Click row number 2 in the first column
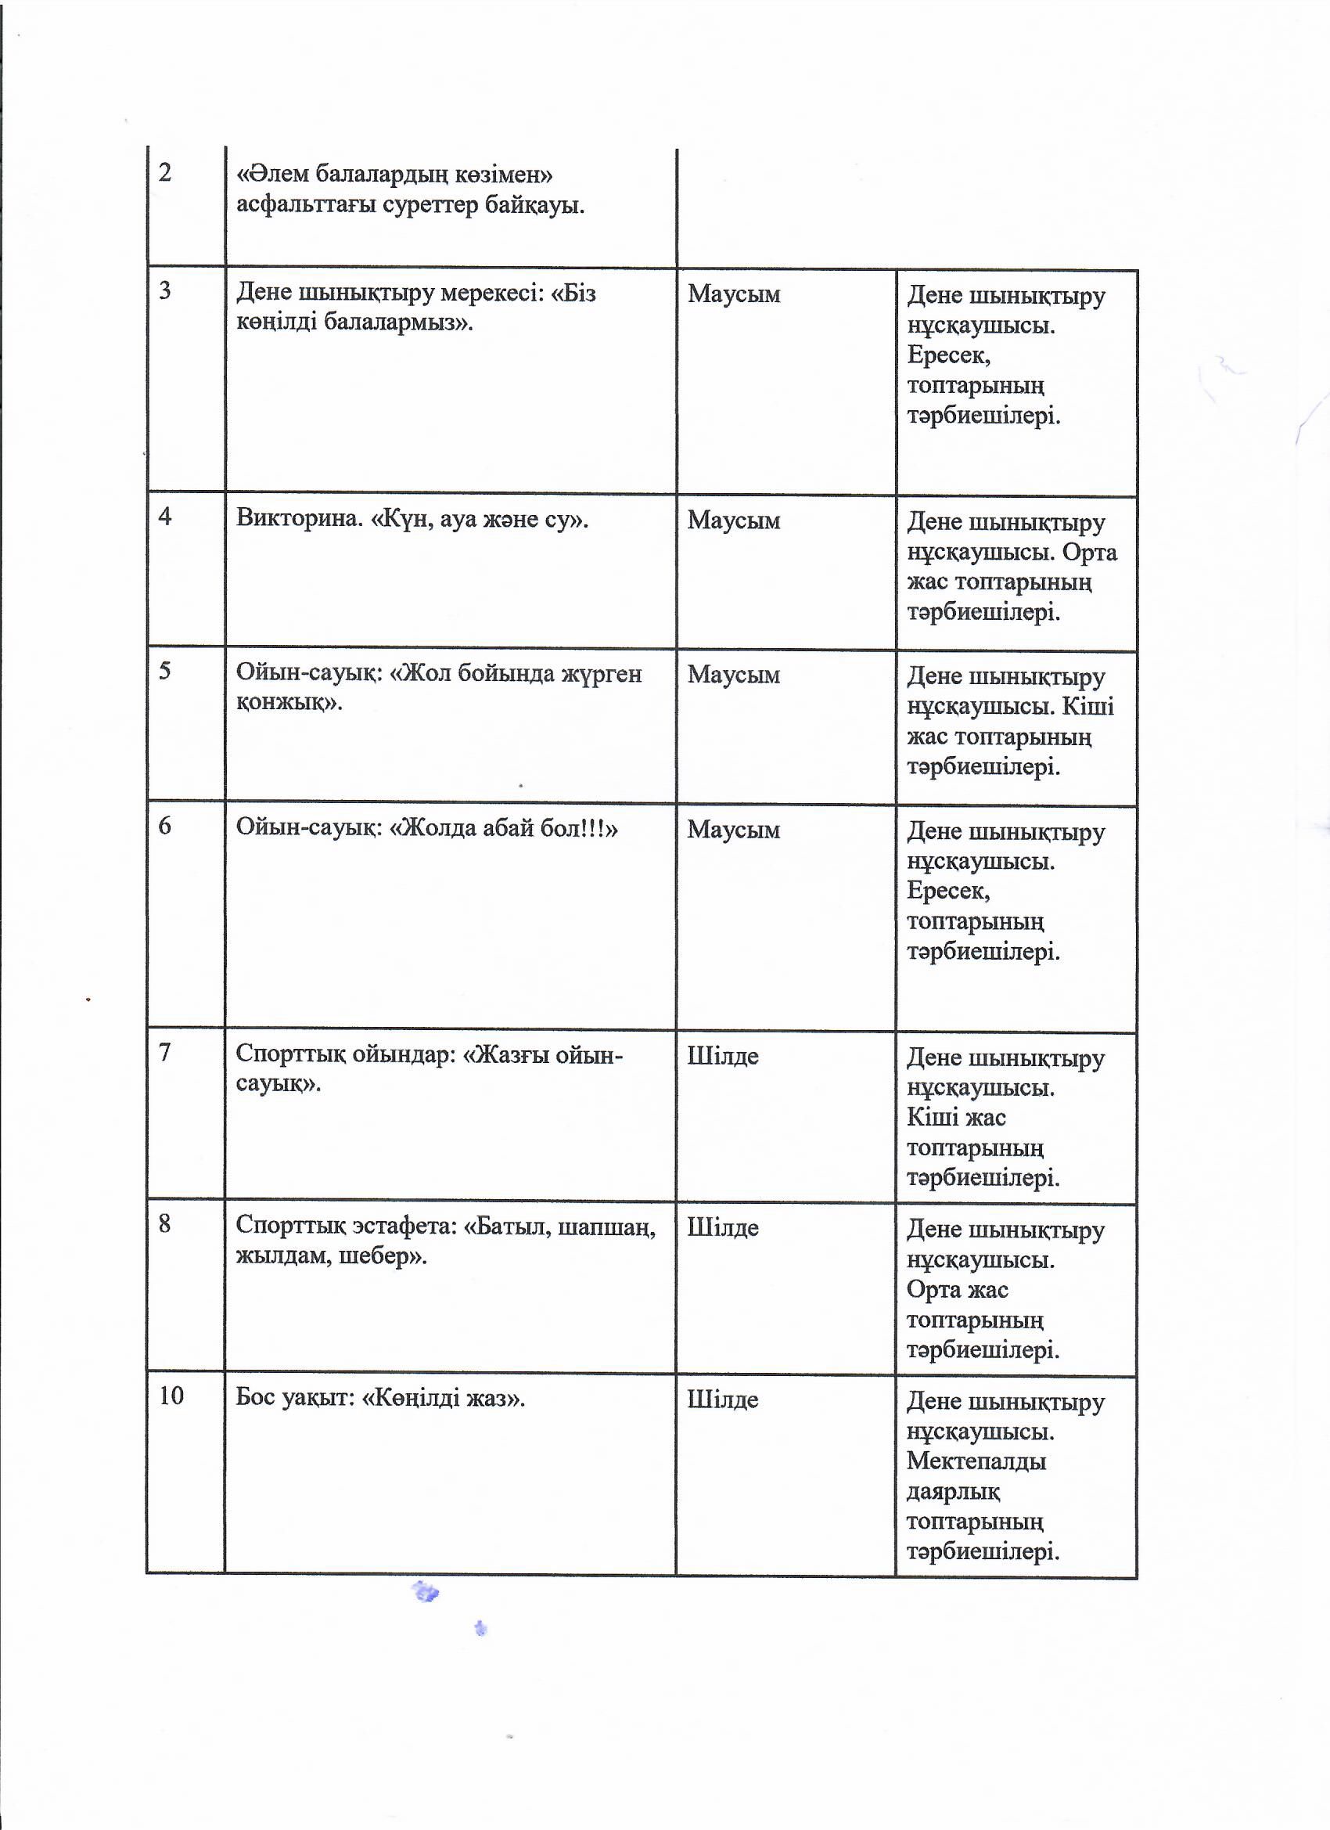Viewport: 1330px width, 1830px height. coord(165,173)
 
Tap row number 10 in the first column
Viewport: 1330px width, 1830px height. coord(171,1395)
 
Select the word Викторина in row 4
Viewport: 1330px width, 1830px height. coord(298,517)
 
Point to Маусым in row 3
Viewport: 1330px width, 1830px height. coord(733,294)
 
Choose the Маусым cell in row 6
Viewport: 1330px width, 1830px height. coord(733,830)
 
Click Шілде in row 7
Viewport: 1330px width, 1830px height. coord(723,1056)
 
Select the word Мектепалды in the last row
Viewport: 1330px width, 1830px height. coord(976,1461)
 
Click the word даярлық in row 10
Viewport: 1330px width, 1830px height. coord(954,1492)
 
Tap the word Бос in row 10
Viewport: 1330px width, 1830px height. coord(255,1396)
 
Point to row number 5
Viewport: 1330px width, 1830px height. coord(164,671)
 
